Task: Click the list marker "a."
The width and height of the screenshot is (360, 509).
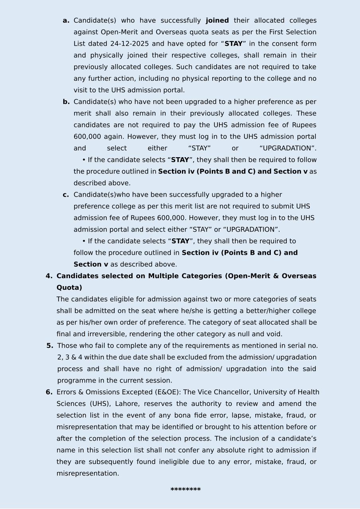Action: click(x=66, y=21)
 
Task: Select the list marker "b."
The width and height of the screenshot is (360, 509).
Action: click(x=66, y=102)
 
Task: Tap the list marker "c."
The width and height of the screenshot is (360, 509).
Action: click(x=66, y=195)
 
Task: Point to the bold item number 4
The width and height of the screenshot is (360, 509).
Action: click(x=49, y=276)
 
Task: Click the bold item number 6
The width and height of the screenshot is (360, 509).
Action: click(x=49, y=392)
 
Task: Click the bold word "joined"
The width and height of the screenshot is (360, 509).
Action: click(x=217, y=21)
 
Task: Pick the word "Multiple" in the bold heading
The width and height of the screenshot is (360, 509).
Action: click(x=163, y=276)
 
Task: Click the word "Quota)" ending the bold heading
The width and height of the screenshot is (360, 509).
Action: click(x=69, y=288)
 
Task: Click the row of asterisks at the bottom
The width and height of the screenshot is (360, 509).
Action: click(x=186, y=490)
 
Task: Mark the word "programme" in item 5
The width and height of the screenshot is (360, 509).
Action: click(x=74, y=381)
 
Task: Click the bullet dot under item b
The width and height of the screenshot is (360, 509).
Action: click(x=84, y=160)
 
